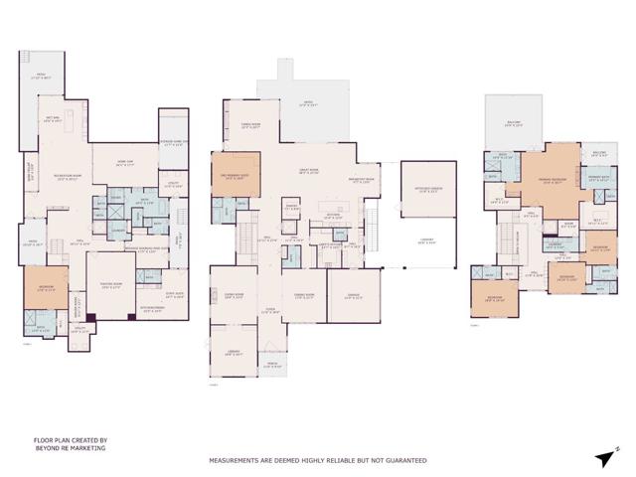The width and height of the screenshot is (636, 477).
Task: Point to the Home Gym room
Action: point(127,165)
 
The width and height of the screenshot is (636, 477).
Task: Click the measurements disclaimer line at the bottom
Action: point(317,461)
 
